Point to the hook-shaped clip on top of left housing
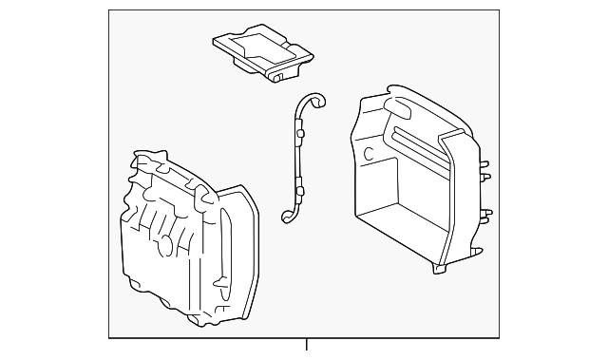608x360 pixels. click(201, 194)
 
